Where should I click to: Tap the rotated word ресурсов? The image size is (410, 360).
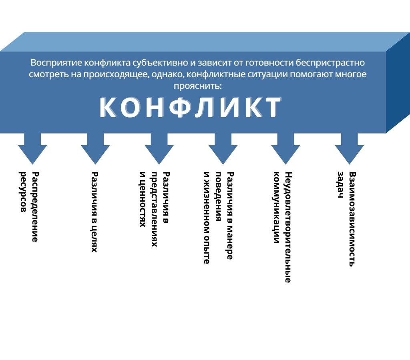pyautogui.click(x=23, y=192)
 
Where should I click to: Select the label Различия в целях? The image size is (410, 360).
pyautogui.click(x=94, y=212)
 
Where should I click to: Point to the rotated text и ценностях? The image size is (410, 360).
pyautogui.click(x=142, y=199)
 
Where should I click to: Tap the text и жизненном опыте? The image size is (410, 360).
pyautogui.click(x=206, y=218)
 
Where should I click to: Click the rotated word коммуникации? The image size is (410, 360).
pyautogui.click(x=275, y=208)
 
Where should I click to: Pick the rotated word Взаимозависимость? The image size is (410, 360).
pyautogui.click(x=352, y=219)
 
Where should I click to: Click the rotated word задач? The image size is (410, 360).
pyautogui.click(x=340, y=185)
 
